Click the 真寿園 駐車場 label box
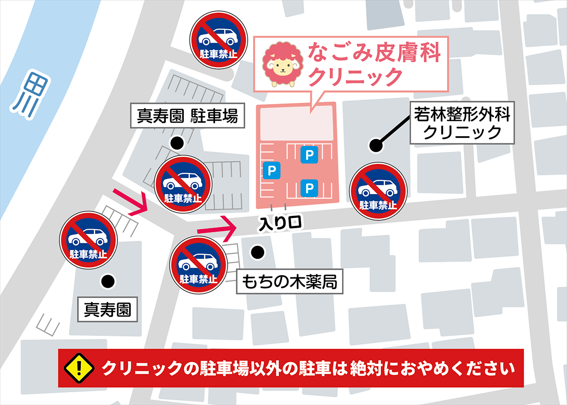pos(188,116)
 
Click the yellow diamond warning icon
pos(79,367)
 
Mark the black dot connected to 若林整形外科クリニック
pos(376,146)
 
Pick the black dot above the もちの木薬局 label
pos(257,252)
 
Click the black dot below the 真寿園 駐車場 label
pos(177,142)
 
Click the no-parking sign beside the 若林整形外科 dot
pos(378,190)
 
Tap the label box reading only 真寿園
pos(107,310)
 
